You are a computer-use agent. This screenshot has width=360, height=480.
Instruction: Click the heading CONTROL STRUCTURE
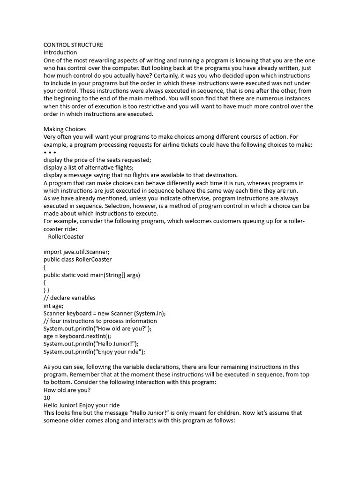(x=73, y=45)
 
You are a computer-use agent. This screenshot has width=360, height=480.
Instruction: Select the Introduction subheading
(x=60, y=52)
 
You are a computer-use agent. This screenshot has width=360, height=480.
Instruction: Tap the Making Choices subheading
(x=64, y=129)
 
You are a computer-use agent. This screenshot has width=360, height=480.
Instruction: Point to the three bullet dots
(x=50, y=152)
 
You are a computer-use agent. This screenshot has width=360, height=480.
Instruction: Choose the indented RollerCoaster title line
(x=66, y=237)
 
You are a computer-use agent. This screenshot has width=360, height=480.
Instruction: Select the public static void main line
(x=92, y=275)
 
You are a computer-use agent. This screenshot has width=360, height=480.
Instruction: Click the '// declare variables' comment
(x=69, y=298)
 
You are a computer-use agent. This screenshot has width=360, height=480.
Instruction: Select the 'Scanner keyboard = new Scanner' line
(x=105, y=313)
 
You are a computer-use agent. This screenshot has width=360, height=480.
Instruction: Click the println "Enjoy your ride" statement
(x=94, y=352)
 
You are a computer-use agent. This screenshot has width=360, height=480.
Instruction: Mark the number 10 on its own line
(x=47, y=397)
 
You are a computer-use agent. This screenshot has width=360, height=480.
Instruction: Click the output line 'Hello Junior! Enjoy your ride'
(x=82, y=405)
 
